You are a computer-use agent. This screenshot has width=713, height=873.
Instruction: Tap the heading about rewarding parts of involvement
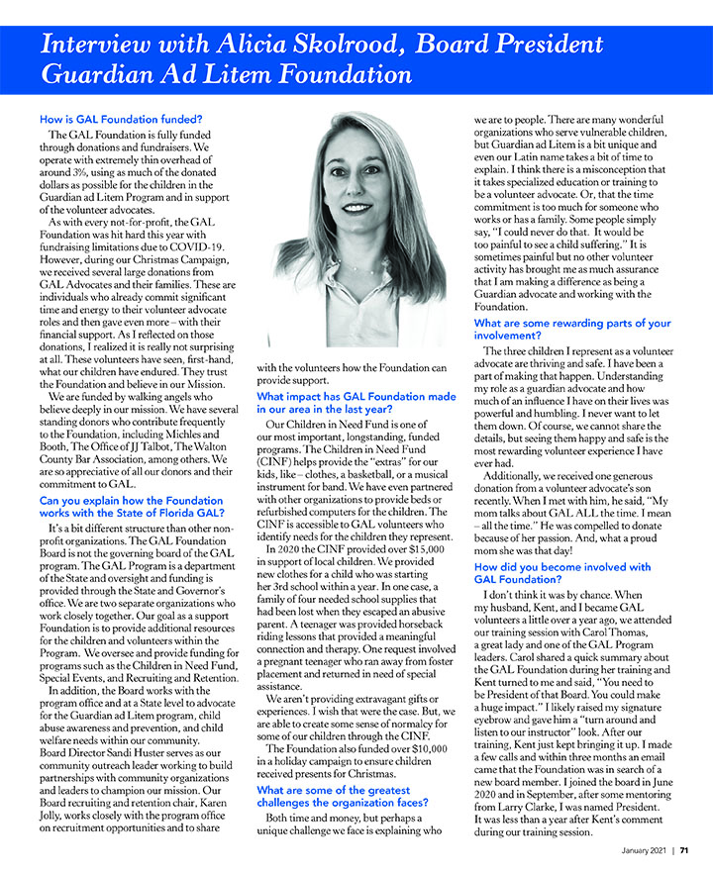point(572,330)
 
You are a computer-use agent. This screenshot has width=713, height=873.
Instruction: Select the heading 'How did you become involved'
point(562,573)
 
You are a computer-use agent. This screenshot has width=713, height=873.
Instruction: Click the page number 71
point(683,849)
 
